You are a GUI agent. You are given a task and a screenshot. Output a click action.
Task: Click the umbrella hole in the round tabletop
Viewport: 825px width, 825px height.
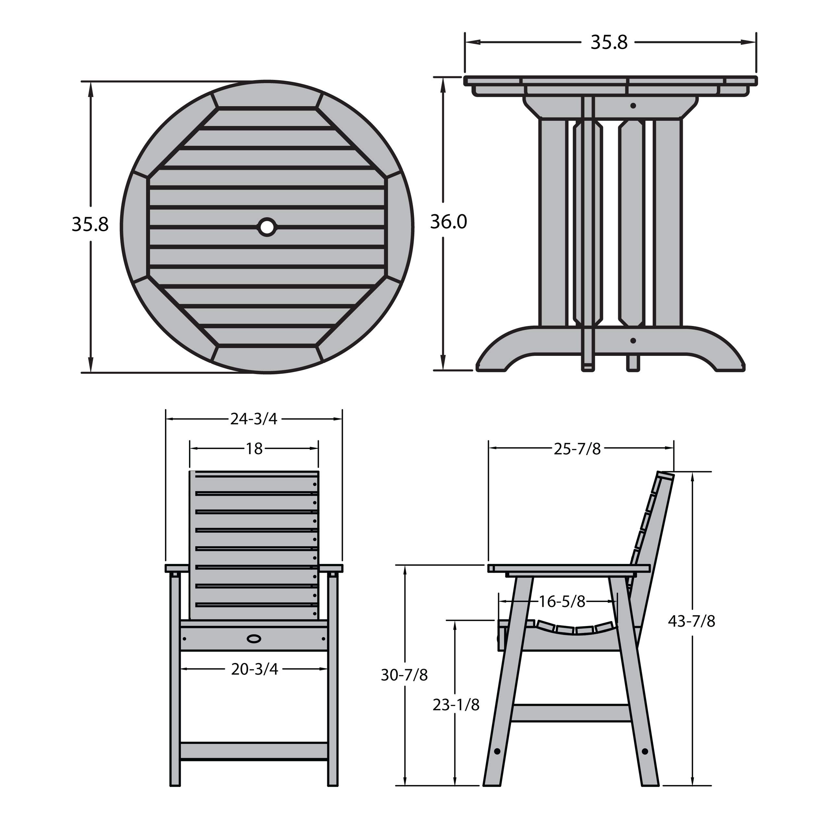coord(267,227)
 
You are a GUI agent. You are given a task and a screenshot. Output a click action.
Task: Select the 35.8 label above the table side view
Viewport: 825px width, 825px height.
coord(609,42)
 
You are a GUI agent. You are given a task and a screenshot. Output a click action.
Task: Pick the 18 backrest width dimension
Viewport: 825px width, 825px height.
coord(254,449)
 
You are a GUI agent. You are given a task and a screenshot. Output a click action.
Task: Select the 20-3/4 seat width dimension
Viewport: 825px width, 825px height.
coord(255,669)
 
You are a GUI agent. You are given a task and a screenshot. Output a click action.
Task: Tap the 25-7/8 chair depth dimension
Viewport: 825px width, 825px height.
coord(577,449)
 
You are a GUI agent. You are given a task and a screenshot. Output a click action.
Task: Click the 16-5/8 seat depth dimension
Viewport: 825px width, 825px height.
coord(562,602)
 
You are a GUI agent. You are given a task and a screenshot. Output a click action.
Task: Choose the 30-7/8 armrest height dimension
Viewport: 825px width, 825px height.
coord(404,675)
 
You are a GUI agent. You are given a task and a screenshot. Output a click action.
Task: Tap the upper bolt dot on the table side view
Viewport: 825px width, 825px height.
coord(633,106)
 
